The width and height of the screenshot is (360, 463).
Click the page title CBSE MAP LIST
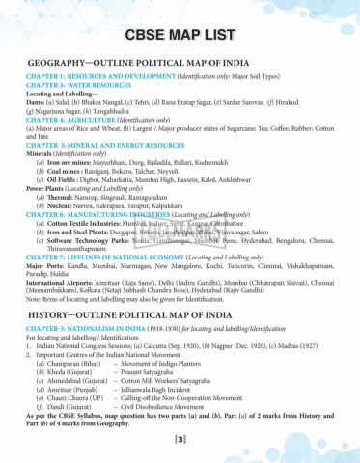click(180, 37)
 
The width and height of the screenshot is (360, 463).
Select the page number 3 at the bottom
click(180, 442)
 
